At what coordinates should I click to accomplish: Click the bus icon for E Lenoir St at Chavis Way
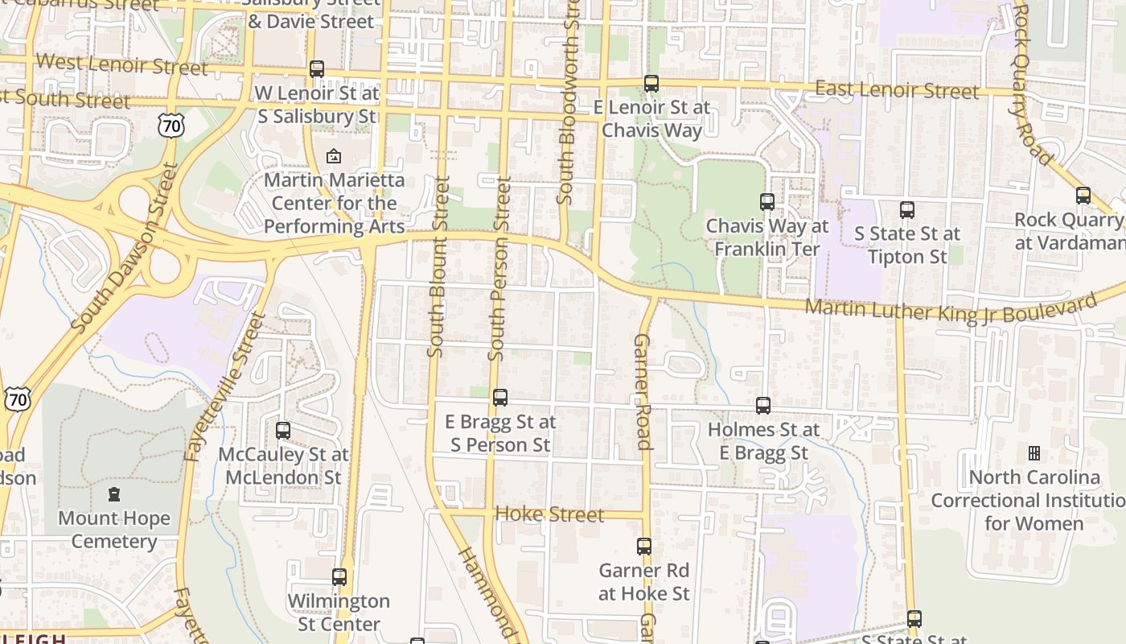click(x=651, y=83)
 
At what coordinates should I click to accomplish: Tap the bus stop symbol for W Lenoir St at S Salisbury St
click(x=317, y=69)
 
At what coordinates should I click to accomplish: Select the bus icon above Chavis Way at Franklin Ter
click(x=767, y=202)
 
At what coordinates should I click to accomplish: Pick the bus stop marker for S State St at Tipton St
click(x=907, y=210)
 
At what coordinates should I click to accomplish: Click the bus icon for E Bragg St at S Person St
click(x=500, y=398)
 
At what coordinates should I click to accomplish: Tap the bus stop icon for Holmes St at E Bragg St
click(x=763, y=406)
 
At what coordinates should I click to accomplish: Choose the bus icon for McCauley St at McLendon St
click(x=283, y=431)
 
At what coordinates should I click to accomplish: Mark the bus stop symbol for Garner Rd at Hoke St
click(x=644, y=547)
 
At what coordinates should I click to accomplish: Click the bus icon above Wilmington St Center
click(x=339, y=577)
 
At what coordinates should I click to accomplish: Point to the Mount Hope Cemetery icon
click(x=114, y=494)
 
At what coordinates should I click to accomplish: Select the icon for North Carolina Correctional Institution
click(x=1034, y=453)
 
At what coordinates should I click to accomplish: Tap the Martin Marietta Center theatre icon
click(x=334, y=156)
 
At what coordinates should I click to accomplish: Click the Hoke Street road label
click(x=549, y=514)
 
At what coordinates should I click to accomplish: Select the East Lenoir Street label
click(x=897, y=89)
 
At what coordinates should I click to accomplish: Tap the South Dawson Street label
click(x=125, y=247)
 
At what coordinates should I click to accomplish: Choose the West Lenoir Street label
click(x=121, y=64)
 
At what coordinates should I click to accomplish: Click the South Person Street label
click(x=499, y=270)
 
